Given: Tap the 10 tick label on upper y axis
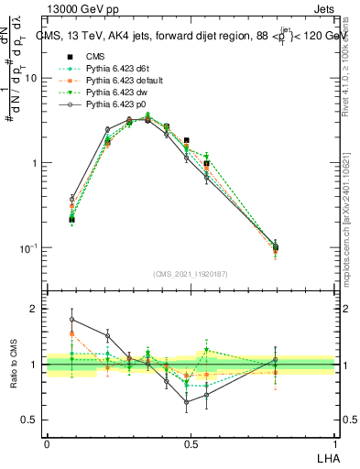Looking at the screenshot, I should tap(30, 79).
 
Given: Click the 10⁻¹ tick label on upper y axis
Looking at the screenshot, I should tap(27, 247).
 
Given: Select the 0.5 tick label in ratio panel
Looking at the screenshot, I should tap(30, 420).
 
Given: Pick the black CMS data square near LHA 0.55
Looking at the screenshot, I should tap(207, 164).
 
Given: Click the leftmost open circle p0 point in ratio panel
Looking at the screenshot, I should tap(72, 320).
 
